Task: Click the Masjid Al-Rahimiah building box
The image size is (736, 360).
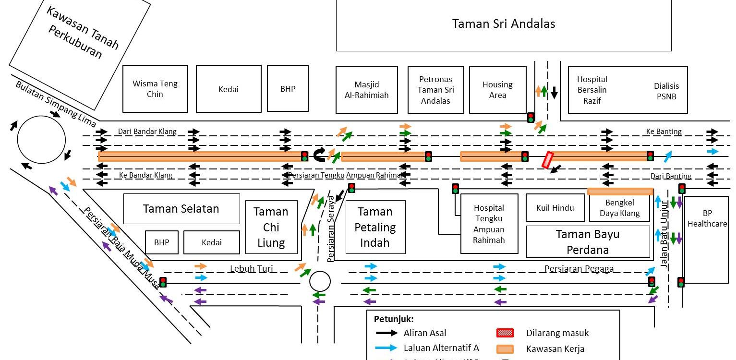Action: click(366, 90)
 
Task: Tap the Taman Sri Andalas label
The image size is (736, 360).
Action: click(503, 24)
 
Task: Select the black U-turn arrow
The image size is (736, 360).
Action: click(319, 155)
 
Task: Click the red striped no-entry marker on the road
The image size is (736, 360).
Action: click(548, 160)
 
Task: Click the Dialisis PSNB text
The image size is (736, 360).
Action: click(666, 91)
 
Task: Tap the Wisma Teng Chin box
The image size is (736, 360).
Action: click(155, 89)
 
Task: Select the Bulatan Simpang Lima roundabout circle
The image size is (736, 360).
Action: click(41, 140)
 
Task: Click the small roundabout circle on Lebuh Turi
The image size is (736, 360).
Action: click(320, 281)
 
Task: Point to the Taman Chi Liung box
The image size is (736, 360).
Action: click(271, 227)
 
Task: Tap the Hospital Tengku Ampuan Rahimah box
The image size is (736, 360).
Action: click(489, 224)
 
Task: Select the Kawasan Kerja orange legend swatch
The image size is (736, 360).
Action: click(505, 349)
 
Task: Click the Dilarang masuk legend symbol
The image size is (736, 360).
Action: click(505, 333)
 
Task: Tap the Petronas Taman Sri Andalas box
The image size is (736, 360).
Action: click(435, 90)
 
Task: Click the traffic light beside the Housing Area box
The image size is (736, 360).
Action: click(531, 117)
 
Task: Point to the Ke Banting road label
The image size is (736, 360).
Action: click(664, 132)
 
